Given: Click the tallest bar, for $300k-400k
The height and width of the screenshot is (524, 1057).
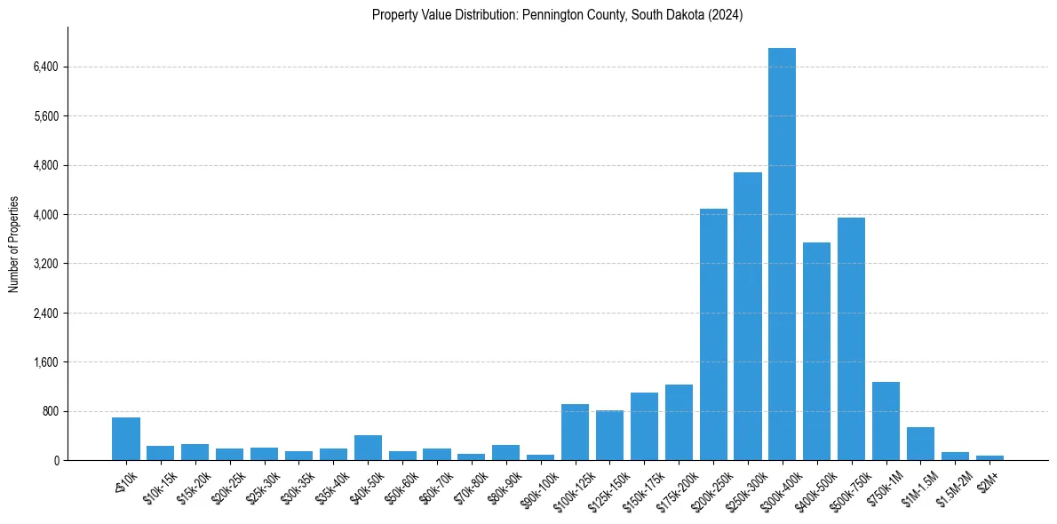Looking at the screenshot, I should (x=782, y=254).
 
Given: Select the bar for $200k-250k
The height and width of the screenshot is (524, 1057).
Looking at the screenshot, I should (x=713, y=335).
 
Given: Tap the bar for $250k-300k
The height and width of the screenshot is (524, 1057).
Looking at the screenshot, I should (x=748, y=316).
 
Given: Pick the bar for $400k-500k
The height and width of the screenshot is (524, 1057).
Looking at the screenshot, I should (x=816, y=352).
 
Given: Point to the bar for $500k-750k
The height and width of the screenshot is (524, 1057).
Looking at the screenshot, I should (x=851, y=339).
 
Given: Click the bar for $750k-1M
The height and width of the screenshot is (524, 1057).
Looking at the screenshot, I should (x=886, y=421).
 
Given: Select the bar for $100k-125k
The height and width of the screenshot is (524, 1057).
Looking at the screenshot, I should (x=575, y=433).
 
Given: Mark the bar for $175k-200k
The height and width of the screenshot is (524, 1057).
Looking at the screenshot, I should (x=679, y=423).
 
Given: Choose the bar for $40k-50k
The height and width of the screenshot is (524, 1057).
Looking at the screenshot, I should (x=368, y=448).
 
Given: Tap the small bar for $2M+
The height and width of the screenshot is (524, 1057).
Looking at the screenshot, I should (x=989, y=457).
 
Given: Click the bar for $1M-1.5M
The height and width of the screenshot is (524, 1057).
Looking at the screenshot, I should (x=920, y=444).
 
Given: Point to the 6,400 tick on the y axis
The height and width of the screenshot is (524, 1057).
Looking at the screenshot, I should (x=45, y=67).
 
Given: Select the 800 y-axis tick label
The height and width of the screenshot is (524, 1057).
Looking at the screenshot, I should (x=50, y=411).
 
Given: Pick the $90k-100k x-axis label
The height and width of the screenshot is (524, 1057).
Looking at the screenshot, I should (x=536, y=484).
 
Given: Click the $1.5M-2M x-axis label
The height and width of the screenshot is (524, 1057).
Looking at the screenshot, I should (x=952, y=485).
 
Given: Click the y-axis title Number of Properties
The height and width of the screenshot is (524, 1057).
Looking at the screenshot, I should (x=13, y=244).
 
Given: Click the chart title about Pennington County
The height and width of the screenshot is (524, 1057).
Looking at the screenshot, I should (x=557, y=15).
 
